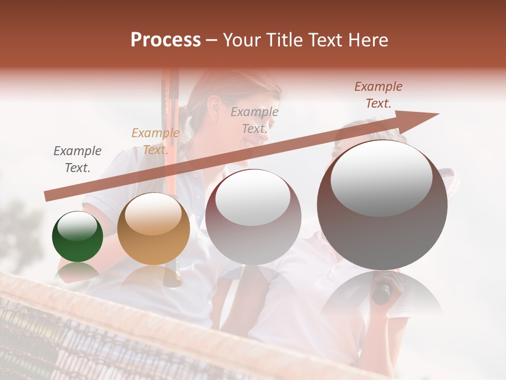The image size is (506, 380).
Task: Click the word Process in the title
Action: (x=166, y=40)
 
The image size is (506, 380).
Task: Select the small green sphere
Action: (x=77, y=236)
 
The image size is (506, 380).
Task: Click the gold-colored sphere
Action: (x=153, y=229)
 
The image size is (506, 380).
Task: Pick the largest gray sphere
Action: (x=382, y=205)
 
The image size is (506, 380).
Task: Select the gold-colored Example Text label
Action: (x=155, y=141)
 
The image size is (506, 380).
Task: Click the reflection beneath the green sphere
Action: (x=77, y=271)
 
